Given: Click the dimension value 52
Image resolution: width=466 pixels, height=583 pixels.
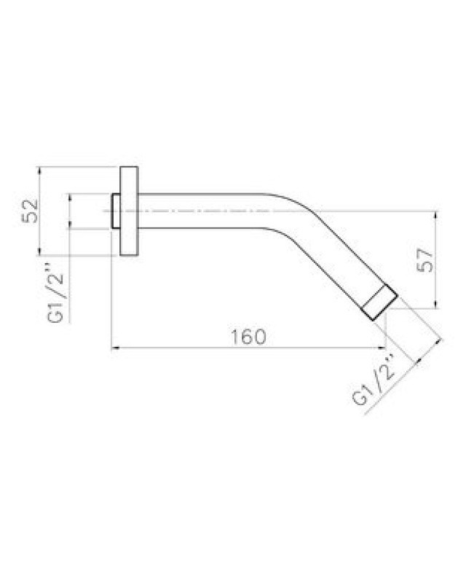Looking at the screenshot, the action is (31, 211).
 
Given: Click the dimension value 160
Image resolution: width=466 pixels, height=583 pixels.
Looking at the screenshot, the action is (248, 337).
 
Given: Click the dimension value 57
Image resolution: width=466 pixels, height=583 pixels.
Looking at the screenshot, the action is (425, 260).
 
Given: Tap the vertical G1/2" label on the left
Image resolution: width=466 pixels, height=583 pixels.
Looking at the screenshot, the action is (56, 298).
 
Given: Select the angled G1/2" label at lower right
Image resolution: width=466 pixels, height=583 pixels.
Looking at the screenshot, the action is (374, 382).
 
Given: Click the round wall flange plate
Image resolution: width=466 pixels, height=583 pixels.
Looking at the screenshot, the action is (129, 211).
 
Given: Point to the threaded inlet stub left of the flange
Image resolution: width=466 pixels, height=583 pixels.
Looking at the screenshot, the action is (116, 211).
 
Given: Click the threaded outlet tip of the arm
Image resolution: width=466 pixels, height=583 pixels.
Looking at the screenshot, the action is (380, 302).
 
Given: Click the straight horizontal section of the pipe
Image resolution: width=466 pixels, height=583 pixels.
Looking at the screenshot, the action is (201, 211).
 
